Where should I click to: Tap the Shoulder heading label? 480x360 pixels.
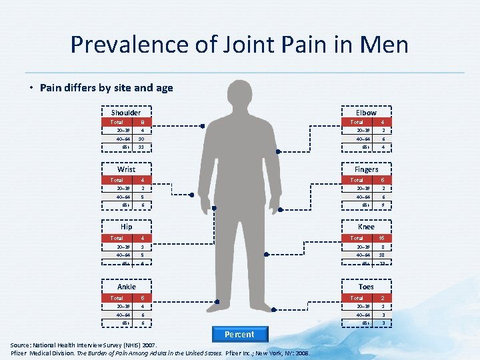(x=125, y=113)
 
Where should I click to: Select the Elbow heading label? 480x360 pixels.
(x=366, y=113)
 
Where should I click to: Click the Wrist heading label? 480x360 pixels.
(x=126, y=169)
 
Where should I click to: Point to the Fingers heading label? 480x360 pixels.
(x=366, y=169)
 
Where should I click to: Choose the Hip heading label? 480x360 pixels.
(x=126, y=227)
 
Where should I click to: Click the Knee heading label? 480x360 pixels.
(x=366, y=227)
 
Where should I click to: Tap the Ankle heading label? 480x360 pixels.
(x=126, y=287)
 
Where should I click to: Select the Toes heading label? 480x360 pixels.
(x=366, y=287)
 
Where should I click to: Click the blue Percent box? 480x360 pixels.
(x=239, y=335)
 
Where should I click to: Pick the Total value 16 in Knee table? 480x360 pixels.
(x=382, y=238)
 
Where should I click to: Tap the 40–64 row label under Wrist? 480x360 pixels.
(x=117, y=197)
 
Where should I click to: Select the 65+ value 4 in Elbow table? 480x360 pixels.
(x=382, y=147)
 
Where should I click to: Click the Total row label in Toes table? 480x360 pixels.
(x=357, y=298)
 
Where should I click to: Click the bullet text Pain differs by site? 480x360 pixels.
(x=106, y=87)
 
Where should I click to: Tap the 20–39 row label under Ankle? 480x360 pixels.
(x=117, y=306)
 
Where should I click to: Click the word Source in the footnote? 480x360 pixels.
(x=23, y=345)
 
